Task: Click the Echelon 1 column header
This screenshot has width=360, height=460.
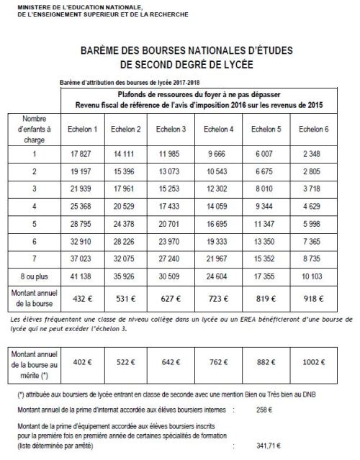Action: (81, 130)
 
